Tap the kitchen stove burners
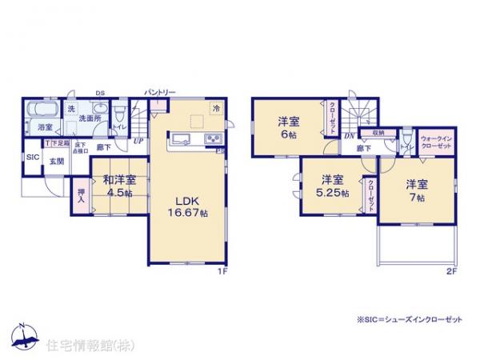coord(214,139)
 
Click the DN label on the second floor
coord(349,137)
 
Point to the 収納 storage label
coord(378,132)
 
